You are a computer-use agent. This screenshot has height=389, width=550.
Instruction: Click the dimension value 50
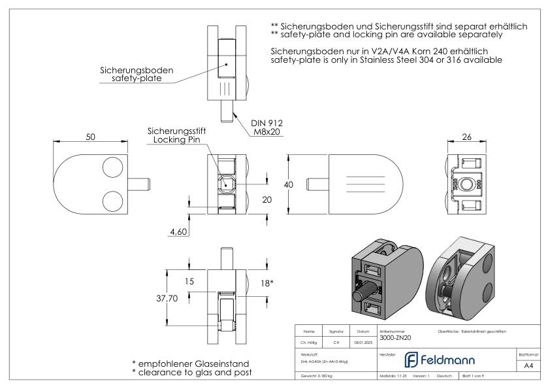(90, 137)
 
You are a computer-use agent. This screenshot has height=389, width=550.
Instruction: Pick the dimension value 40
(288, 185)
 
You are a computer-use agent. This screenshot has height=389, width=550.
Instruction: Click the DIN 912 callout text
(267, 122)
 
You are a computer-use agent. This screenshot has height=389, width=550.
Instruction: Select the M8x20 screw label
(268, 131)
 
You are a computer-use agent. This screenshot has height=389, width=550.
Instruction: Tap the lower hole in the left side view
(112, 199)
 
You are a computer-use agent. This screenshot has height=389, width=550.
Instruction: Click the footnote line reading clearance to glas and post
(191, 373)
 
